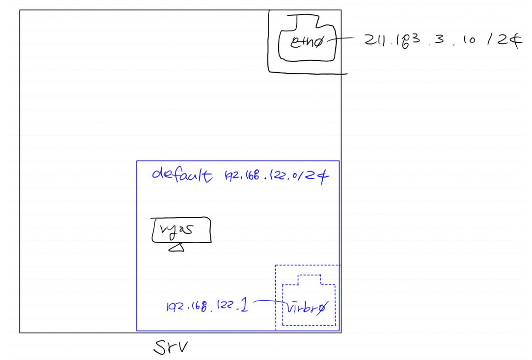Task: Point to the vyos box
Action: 181,230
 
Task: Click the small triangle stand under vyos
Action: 176,248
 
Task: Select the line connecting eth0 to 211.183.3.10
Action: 344,39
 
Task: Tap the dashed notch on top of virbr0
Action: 310,279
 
